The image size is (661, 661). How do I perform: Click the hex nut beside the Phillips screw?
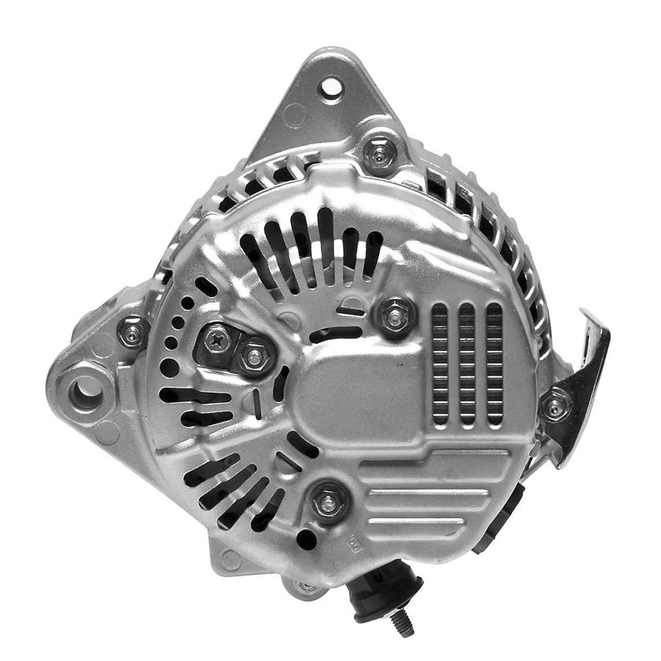tap(253, 355)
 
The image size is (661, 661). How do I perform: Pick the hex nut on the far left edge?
tap(133, 330)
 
